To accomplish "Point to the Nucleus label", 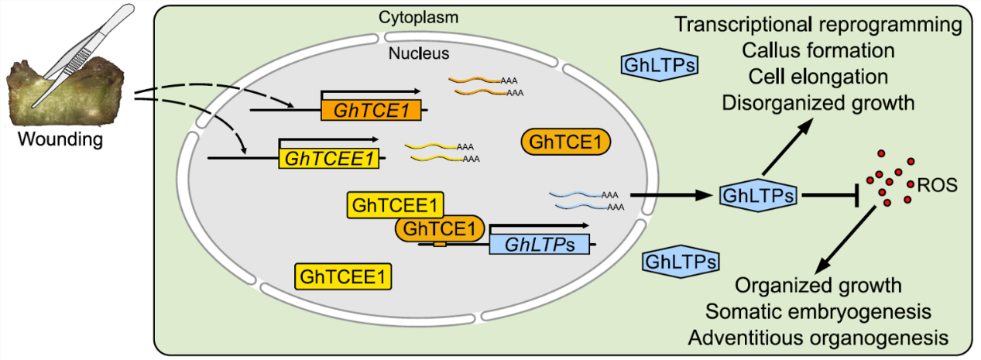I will pos(419,54).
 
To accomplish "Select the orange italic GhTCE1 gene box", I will pos(371,110).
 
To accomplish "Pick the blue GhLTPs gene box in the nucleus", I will pos(538,245).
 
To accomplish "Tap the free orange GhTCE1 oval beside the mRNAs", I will pos(566,142).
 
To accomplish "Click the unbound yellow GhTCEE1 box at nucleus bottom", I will pos(342,276).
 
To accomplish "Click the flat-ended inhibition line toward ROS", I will pos(832,195).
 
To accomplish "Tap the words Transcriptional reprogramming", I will pos(819,24).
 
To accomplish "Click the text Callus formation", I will pos(818,50).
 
